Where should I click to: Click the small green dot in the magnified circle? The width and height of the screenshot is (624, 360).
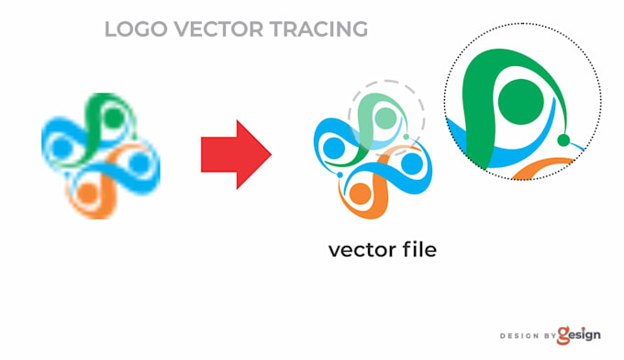564,141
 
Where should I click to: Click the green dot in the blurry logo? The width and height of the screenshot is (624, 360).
113,118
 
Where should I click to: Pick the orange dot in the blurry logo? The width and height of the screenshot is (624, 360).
87,193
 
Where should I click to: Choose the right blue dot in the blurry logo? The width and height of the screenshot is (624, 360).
139,163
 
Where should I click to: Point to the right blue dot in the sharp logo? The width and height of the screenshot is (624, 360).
411,163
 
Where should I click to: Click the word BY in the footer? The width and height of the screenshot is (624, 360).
549,336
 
